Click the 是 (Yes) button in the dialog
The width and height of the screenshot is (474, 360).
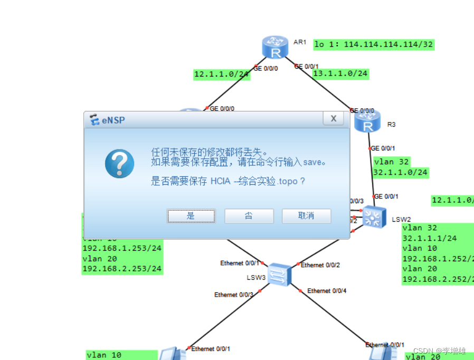[x=191, y=216]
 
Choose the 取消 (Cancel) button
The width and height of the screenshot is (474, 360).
[x=306, y=216]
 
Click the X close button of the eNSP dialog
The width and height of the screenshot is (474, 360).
[x=334, y=119]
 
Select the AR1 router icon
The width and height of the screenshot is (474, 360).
[x=275, y=47]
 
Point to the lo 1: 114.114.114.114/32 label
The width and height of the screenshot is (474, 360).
[x=373, y=44]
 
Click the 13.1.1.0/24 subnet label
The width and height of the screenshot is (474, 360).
[x=340, y=73]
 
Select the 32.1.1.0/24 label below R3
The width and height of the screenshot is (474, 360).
[x=401, y=172]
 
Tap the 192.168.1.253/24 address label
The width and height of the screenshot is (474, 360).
[x=122, y=248]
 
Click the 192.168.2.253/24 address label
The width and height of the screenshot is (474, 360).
[x=122, y=269]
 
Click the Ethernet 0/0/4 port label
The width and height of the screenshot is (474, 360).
[x=326, y=291]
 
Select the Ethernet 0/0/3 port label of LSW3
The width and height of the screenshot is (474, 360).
[x=233, y=295]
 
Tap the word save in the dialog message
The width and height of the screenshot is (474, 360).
[x=311, y=162]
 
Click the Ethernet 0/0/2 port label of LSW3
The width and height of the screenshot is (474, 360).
[x=320, y=265]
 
